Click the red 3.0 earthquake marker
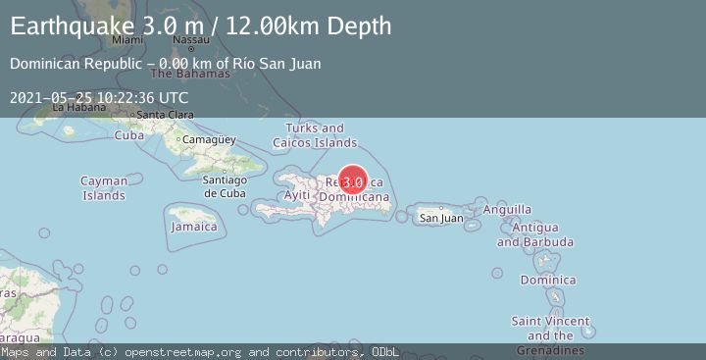point(353,181)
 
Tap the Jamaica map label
point(193,227)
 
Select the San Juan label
point(440,218)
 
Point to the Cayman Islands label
point(103,188)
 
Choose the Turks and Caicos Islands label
point(315,135)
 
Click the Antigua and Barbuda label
point(534,234)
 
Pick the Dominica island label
point(548,281)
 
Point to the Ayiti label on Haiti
point(296,195)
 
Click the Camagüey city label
point(211,140)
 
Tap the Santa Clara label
point(164,115)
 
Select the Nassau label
point(190,40)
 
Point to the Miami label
point(127,40)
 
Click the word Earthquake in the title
point(66,26)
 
